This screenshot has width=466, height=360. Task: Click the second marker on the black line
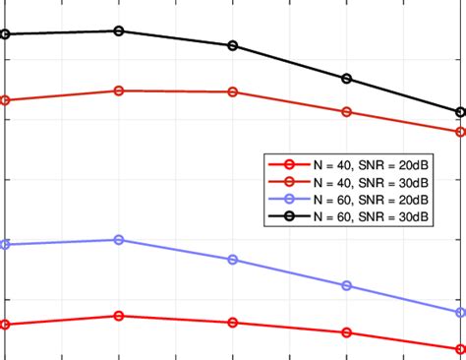[119, 30]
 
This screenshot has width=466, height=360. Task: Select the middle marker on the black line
[233, 45]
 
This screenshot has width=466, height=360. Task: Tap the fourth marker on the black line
[347, 79]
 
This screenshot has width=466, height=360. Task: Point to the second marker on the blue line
[119, 239]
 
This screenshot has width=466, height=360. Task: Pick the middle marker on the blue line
[233, 260]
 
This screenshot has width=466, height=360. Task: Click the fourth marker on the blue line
[347, 285]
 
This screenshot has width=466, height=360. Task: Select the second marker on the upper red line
[119, 90]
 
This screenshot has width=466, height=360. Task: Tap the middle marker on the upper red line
[233, 92]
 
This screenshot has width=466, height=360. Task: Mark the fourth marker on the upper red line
[347, 112]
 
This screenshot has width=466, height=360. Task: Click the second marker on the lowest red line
[119, 316]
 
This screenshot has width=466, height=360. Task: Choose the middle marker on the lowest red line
[233, 323]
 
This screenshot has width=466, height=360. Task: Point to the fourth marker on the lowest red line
[347, 332]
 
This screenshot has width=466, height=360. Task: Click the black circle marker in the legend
[289, 214]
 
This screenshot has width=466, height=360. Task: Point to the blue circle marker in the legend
[289, 198]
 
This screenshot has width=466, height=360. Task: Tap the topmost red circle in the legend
[289, 164]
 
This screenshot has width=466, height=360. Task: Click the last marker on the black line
[460, 112]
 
